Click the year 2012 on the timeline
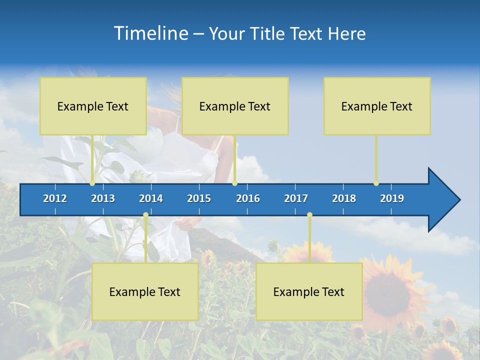click(x=55, y=198)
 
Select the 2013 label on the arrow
click(x=103, y=198)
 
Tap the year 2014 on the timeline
click(x=151, y=198)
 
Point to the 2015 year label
click(x=199, y=198)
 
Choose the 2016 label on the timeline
click(x=248, y=198)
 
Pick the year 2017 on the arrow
click(x=296, y=198)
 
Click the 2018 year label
click(x=344, y=198)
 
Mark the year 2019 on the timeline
click(x=392, y=198)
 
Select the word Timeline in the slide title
click(x=150, y=33)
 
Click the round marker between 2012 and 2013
click(x=92, y=183)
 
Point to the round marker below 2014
click(x=145, y=215)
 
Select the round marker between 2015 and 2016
click(x=234, y=183)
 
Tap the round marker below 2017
click(x=309, y=215)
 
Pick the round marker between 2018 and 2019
click(x=376, y=183)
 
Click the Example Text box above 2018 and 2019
click(x=377, y=106)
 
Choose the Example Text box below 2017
click(x=309, y=291)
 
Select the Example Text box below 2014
click(x=145, y=291)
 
